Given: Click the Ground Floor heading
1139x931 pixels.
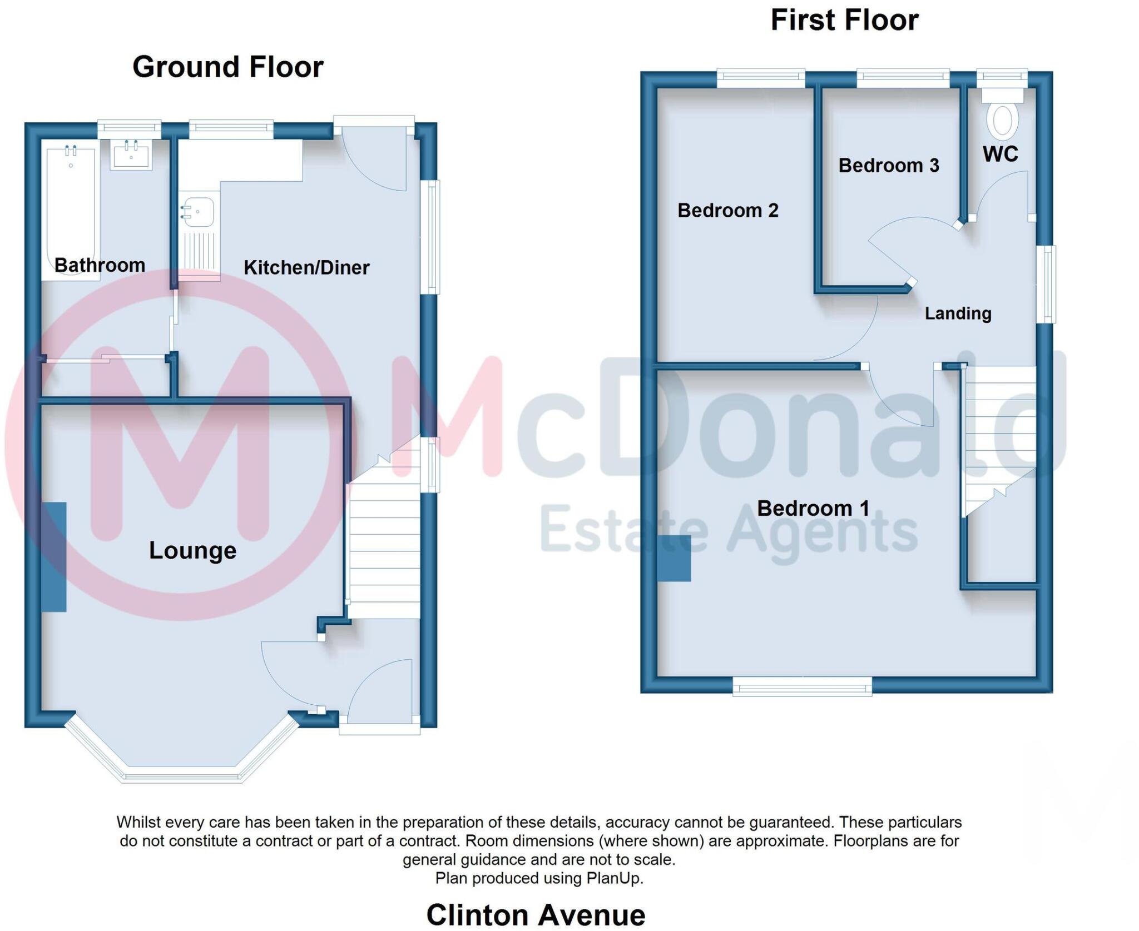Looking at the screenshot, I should coord(227,67).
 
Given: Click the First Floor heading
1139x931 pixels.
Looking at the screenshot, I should coord(844,21).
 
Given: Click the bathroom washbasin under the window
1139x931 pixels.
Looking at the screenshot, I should coord(131,154).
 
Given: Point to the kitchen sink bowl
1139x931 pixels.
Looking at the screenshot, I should coord(199,212).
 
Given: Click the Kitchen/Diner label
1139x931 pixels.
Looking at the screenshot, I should coord(306,268).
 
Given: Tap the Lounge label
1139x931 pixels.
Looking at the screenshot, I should coord(192,550).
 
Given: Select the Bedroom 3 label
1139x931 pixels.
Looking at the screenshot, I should coord(888,166).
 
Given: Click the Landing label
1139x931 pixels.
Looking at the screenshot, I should coord(958,313).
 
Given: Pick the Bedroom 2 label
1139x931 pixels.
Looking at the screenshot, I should coord(727,211).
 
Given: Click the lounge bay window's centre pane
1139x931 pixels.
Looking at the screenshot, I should coord(182,774).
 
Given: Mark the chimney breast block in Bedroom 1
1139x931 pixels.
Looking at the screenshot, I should coord(674,558).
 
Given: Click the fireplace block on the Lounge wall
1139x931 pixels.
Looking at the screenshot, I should coord(54,557).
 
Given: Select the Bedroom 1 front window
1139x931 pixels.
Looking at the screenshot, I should coord(802,686).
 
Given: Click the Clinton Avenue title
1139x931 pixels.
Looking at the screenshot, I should coord(535,914).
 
